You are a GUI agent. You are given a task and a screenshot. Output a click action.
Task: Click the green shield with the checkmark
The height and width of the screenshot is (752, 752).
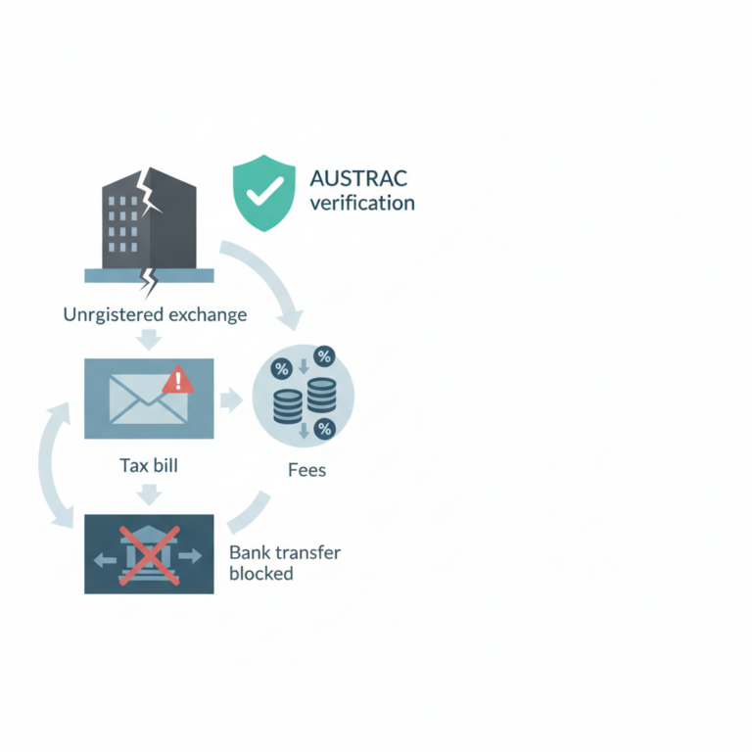pyautogui.click(x=263, y=193)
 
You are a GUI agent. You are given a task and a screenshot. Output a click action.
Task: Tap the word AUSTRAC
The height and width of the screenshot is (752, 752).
pyautogui.click(x=358, y=179)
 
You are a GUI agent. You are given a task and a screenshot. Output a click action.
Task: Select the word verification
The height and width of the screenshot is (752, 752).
pyautogui.click(x=362, y=203)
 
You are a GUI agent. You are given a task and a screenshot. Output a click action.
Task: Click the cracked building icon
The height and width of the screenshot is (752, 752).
pyautogui.click(x=149, y=225)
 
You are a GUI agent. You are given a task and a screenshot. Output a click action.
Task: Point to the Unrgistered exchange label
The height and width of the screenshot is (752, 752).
pyautogui.click(x=155, y=314)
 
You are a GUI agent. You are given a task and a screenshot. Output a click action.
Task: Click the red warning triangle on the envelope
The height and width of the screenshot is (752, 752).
pyautogui.click(x=178, y=380)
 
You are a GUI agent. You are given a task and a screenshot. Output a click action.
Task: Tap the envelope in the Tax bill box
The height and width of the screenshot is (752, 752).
pyautogui.click(x=149, y=399)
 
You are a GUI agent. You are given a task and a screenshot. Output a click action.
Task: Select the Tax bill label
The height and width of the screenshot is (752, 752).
pyautogui.click(x=149, y=465)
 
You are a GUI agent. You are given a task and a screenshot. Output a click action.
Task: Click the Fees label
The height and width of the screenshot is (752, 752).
pyautogui.click(x=306, y=470)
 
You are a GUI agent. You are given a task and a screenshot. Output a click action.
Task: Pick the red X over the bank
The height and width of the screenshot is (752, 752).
pyautogui.click(x=149, y=555)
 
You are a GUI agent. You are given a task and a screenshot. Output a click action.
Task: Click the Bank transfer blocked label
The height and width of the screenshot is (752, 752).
pyautogui.click(x=285, y=563)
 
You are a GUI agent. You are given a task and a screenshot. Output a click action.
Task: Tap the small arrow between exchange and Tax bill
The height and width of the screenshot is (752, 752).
pyautogui.click(x=149, y=340)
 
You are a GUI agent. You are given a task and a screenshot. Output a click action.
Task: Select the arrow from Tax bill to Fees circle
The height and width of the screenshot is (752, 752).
pyautogui.click(x=232, y=399)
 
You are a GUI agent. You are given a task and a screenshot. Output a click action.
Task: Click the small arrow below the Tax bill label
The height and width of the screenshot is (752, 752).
pyautogui.click(x=149, y=494)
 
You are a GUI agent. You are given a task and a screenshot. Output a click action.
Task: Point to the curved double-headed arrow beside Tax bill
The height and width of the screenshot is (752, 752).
pyautogui.click(x=46, y=464)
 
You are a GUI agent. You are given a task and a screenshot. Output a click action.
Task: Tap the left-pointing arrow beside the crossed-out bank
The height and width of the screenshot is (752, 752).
pyautogui.click(x=105, y=559)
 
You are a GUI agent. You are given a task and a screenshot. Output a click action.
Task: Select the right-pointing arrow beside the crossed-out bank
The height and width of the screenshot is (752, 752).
pyautogui.click(x=190, y=556)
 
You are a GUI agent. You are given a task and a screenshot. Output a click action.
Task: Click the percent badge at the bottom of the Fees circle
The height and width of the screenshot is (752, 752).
pyautogui.click(x=324, y=429)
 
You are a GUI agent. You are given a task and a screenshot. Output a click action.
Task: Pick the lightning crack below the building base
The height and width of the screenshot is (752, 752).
pyautogui.click(x=149, y=283)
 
